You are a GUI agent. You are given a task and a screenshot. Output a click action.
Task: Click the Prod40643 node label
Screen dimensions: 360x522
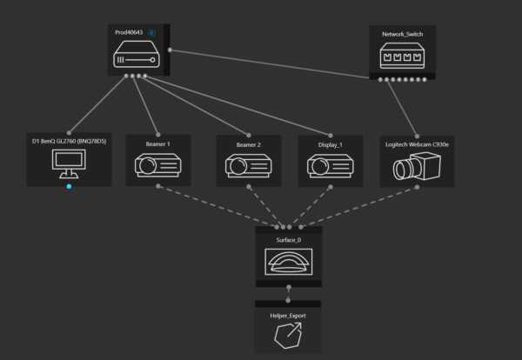click(130, 33)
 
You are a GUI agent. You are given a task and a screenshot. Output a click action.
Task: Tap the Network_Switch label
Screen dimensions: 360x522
click(401, 35)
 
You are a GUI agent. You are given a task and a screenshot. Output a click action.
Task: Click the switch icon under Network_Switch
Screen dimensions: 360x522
click(402, 57)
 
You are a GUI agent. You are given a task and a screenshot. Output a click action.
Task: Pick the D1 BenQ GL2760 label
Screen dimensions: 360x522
click(69, 141)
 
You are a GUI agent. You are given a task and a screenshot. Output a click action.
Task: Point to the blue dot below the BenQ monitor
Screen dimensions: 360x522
click(70, 187)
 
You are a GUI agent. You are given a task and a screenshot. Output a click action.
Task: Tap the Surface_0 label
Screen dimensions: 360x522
click(288, 236)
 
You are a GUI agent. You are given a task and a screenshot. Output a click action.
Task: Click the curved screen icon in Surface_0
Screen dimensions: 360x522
click(288, 261)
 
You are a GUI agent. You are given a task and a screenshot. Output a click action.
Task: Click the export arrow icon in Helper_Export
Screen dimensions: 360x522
click(288, 336)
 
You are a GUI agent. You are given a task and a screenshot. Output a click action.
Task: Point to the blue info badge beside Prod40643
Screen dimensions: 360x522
click(151, 33)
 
